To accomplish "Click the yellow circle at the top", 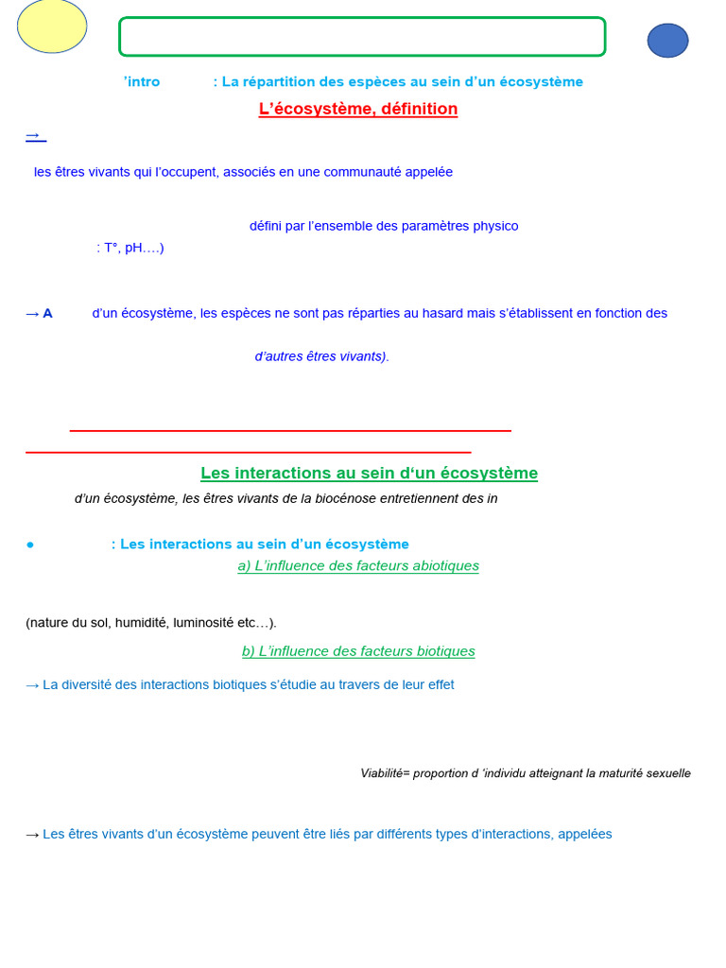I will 52,26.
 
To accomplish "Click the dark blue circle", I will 667,41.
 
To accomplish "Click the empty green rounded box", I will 362,37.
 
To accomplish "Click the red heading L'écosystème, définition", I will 358,109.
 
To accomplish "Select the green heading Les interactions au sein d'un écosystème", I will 369,473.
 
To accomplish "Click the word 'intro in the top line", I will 142,82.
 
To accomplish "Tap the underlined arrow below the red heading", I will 35,136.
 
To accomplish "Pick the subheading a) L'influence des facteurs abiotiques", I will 358,565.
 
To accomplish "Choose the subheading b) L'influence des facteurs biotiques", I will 358,650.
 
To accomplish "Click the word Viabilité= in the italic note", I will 385,773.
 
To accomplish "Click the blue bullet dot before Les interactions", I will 30,544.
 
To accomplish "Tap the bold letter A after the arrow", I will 47,313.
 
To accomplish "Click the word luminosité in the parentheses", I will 202,622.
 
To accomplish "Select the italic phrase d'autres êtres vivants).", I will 321,356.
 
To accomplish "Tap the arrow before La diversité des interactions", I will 32,684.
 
